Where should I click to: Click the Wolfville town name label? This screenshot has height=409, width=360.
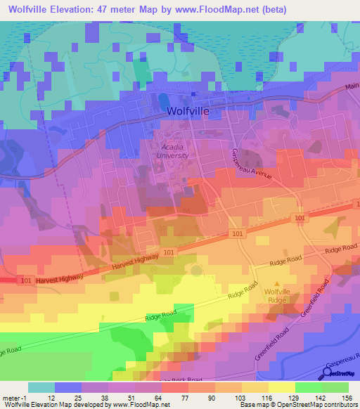tap(189, 111)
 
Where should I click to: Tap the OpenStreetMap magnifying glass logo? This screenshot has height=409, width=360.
tap(328, 373)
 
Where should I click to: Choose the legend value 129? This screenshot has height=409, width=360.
tap(295, 397)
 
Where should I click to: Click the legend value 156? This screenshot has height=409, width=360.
tap(347, 397)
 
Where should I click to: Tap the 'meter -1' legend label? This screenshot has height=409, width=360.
tap(15, 397)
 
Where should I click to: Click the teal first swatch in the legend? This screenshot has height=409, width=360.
tap(41, 387)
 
